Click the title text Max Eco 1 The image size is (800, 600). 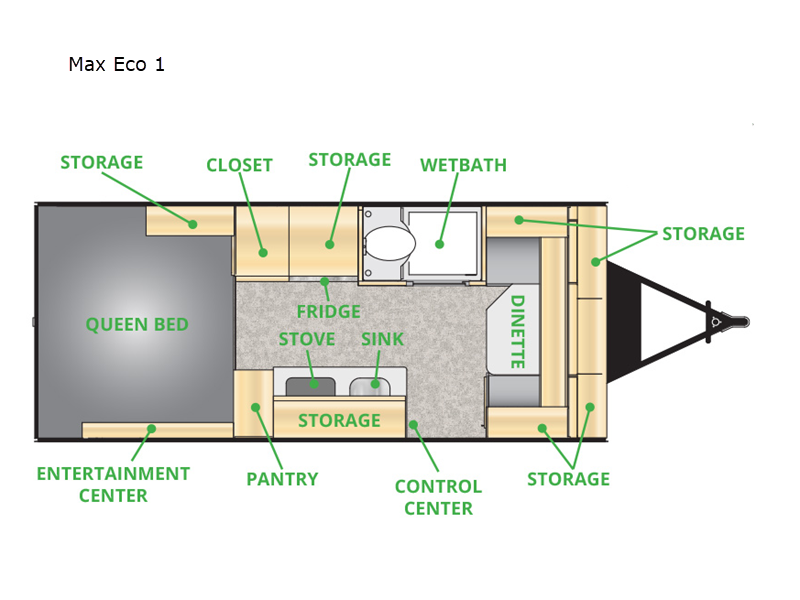[x=116, y=64]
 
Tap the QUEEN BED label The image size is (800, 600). [x=137, y=324]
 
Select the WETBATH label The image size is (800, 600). [x=463, y=165]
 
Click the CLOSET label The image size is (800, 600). [x=239, y=165]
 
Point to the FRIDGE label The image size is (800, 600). [x=329, y=311]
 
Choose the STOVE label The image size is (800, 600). [x=307, y=339]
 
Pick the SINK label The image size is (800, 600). [x=382, y=339]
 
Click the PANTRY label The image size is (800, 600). [x=282, y=479]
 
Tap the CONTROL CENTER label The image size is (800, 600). [x=438, y=497]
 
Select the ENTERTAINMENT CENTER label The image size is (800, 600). [x=113, y=485]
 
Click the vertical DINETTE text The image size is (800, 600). [x=518, y=332]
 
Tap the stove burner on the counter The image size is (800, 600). [x=310, y=386]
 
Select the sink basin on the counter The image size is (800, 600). [x=369, y=386]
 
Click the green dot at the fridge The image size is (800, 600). [x=324, y=281]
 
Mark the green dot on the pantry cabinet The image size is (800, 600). [x=256, y=407]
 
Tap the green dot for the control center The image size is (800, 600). [x=413, y=424]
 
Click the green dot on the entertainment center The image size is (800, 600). [x=152, y=429]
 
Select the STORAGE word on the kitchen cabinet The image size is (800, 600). [x=339, y=420]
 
